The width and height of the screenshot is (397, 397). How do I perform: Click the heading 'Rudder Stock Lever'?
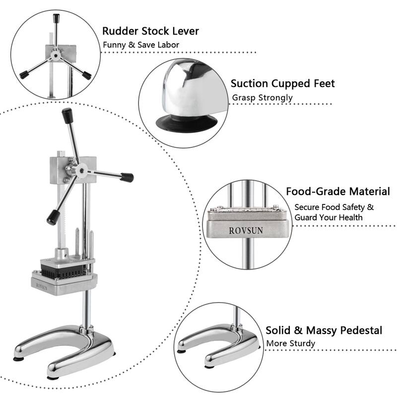(150, 31)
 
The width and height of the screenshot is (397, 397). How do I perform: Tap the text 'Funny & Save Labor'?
(140, 45)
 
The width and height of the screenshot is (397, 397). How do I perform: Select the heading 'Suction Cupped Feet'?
(282, 83)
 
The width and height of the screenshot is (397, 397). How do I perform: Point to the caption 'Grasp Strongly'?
(262, 98)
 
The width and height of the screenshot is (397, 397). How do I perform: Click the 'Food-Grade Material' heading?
(337, 192)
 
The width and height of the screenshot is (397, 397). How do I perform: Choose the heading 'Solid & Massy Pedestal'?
(324, 330)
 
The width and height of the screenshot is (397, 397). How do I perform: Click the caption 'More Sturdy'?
(290, 343)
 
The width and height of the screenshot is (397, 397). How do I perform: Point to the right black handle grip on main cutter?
(127, 177)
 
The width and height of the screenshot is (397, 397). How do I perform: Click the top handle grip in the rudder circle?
(56, 20)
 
